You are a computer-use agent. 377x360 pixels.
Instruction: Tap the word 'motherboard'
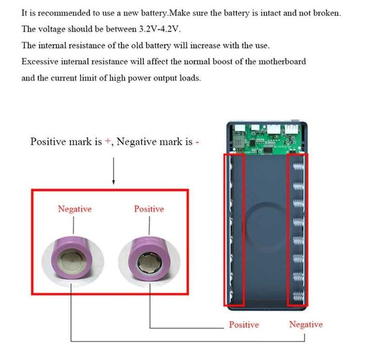tap(280, 62)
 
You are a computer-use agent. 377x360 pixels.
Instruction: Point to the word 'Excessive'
tap(39, 62)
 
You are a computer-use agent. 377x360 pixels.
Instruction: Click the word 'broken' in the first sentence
tap(326, 13)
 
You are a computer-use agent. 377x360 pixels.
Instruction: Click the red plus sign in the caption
tap(108, 142)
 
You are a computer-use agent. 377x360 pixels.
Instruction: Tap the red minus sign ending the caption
tap(197, 142)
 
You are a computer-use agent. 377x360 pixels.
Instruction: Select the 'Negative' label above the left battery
tap(74, 209)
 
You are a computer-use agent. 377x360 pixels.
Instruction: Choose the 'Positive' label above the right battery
tap(149, 209)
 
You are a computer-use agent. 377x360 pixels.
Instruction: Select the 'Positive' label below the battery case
tap(244, 325)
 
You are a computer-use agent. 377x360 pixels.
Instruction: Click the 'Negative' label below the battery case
tap(306, 325)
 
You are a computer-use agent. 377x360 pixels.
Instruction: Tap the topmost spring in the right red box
tap(298, 168)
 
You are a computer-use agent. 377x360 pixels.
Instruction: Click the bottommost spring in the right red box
tap(298, 297)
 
